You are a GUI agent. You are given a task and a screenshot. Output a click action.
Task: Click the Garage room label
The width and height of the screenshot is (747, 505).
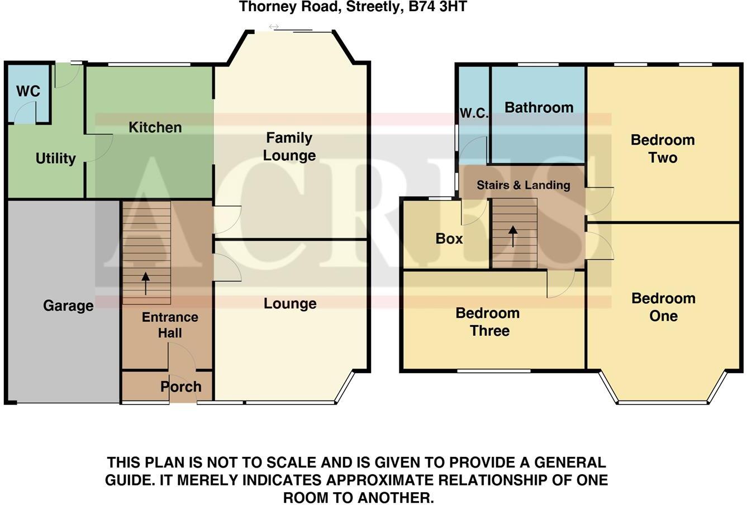click(68, 306)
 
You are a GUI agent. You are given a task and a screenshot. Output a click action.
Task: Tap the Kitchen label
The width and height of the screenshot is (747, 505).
click(155, 127)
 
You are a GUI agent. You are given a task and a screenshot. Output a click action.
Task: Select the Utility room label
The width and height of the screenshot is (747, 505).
click(55, 159)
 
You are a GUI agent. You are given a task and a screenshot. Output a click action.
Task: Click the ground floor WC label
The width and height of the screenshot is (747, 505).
click(28, 91)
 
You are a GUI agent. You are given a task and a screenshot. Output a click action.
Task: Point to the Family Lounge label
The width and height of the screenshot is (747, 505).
click(289, 147)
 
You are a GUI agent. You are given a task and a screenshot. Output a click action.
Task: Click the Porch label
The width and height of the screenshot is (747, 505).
click(180, 387)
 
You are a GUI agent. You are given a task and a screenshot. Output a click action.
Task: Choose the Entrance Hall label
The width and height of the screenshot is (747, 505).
click(170, 325)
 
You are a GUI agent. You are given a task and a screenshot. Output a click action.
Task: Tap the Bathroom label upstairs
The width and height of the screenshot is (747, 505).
click(539, 107)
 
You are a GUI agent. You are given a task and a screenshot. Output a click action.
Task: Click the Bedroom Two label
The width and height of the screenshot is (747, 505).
click(663, 149)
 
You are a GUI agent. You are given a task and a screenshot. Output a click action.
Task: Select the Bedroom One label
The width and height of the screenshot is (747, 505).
click(663, 307)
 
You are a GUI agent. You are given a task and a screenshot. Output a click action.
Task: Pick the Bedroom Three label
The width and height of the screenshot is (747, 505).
click(488, 322)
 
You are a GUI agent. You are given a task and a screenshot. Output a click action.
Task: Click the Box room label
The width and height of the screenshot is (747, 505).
click(449, 239)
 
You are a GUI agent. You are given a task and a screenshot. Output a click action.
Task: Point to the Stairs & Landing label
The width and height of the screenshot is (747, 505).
click(523, 185)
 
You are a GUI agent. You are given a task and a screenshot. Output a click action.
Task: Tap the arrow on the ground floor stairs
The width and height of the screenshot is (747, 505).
click(146, 283)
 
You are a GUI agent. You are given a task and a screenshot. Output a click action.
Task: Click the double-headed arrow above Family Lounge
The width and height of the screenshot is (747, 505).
click(274, 27)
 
